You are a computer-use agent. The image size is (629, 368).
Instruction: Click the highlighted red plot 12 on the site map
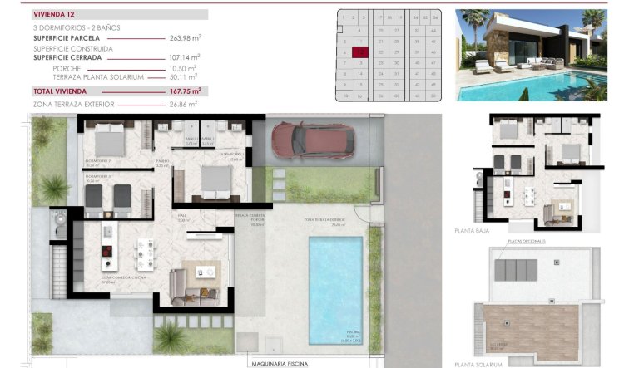359,52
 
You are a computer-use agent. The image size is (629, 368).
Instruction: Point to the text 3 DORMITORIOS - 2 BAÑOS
77,28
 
